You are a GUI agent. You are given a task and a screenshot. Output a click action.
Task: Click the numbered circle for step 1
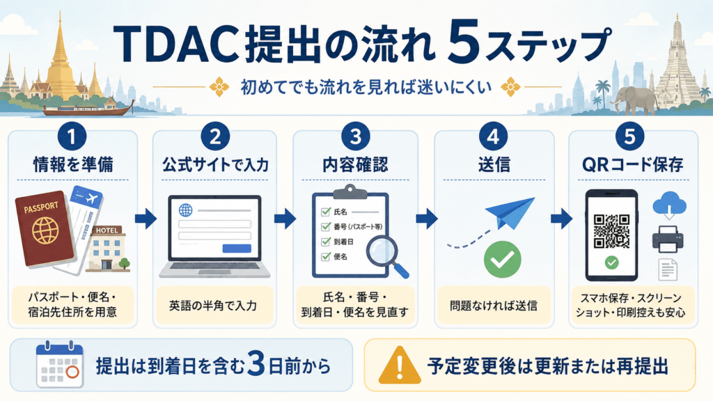coord(72,136)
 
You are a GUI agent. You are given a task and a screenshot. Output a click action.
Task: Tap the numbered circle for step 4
coord(494,136)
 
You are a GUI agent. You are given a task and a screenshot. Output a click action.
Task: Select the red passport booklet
coord(45,228)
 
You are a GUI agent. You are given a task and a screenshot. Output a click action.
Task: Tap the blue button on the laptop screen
coord(237,249)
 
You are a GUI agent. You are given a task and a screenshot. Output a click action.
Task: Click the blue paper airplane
coord(510,213)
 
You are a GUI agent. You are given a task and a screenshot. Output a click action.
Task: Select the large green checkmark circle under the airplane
coord(503,259)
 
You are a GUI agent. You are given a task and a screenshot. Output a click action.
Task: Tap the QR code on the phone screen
coord(611,231)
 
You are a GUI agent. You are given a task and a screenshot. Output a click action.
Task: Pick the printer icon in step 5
coord(668,239)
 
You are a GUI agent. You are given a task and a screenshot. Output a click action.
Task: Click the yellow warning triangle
coord(399,365)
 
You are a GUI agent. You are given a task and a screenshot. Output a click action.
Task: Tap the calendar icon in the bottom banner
coord(60,365)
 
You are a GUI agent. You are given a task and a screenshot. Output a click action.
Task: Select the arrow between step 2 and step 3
coord(285,219)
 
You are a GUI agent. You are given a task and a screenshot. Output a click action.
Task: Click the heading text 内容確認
coord(355,164)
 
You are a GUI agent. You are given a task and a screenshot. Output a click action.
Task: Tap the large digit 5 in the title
coord(463,42)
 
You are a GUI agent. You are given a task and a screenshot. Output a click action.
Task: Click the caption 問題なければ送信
coord(494,306)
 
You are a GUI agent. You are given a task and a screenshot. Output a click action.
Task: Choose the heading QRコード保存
coord(633,164)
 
